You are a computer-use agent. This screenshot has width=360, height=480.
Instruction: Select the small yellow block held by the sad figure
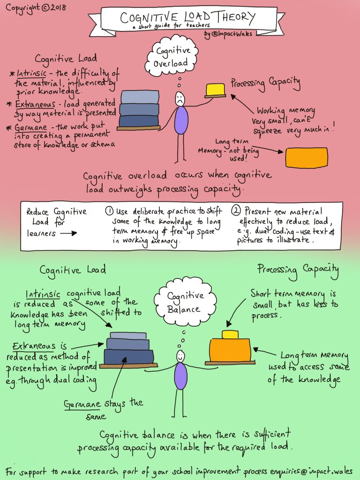point(215,89)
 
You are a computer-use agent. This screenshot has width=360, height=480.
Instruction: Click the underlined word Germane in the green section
point(81,405)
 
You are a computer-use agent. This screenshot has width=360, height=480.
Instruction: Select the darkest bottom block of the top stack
point(139,120)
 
